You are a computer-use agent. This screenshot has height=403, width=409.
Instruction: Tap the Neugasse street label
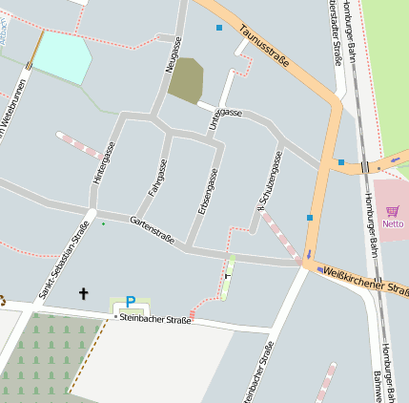coord(174,55)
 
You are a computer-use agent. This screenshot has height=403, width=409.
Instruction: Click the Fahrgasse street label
coord(158,177)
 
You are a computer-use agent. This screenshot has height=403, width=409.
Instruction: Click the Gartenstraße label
coord(152,230)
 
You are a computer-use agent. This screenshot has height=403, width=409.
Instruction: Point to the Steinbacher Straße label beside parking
coord(153,319)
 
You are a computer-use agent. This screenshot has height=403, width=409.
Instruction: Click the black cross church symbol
coord(83,293)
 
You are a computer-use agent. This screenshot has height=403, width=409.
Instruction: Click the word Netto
coord(393,224)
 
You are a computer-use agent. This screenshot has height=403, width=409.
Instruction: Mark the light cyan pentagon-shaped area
coord(61,57)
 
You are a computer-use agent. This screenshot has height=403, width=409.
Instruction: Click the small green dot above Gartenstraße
coord(104,223)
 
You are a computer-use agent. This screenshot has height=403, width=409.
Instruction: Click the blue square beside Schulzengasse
coord(310,218)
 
